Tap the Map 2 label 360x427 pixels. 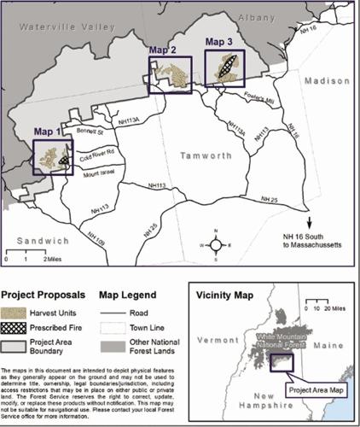162,50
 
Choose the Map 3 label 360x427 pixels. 218,39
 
